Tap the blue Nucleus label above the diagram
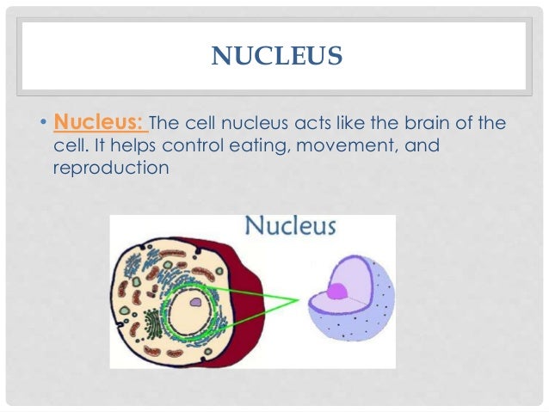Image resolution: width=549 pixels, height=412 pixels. point(290,228)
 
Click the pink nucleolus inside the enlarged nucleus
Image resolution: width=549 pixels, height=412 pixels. point(337,290)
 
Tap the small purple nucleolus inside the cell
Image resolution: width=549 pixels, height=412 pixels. point(196,303)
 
